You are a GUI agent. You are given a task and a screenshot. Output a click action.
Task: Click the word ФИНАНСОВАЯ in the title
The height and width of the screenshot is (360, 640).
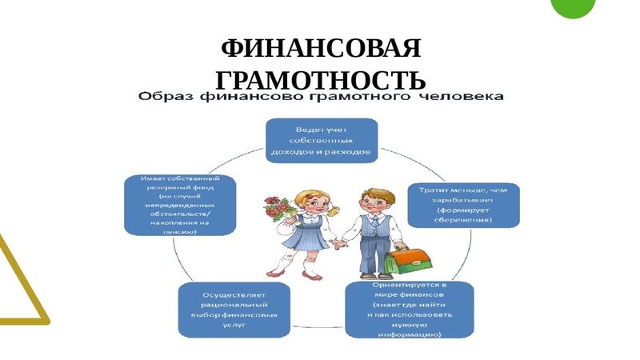point(320,50)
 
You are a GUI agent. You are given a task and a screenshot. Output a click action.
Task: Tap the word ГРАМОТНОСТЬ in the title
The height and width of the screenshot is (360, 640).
point(320,79)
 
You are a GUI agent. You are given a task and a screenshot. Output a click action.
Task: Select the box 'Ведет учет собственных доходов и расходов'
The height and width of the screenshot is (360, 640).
point(321,139)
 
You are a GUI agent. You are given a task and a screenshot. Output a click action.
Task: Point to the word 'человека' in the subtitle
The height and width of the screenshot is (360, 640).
point(465,98)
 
